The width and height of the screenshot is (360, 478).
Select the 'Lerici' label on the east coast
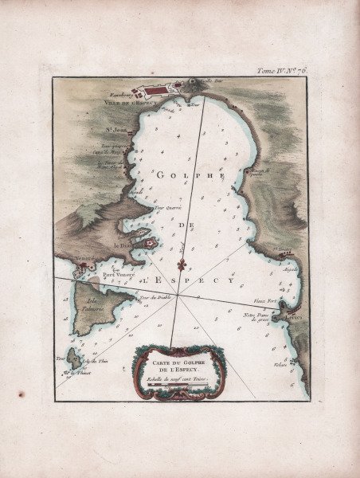point(295,316)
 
